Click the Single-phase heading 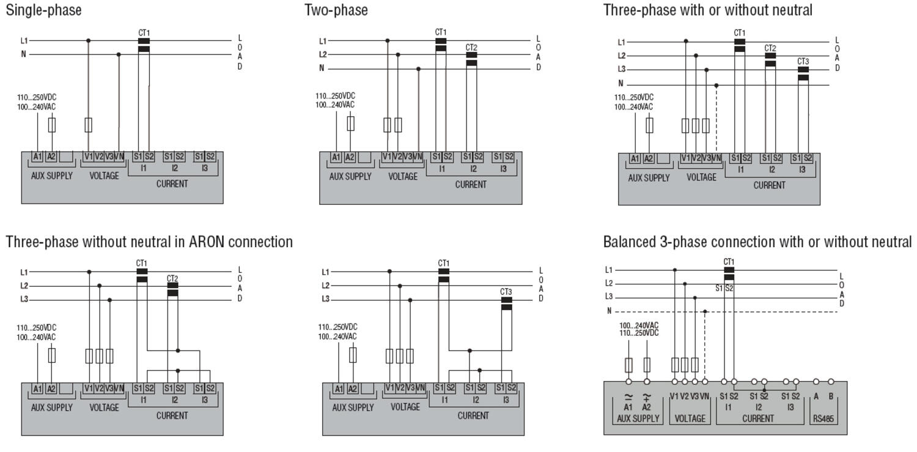(43, 10)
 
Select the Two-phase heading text (336, 10)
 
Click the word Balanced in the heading (630, 242)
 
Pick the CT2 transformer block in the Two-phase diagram (471, 59)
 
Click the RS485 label (823, 419)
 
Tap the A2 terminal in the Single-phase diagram (51, 157)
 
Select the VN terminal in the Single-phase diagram (119, 157)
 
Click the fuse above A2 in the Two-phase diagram (350, 124)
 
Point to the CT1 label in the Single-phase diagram (144, 33)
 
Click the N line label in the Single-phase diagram (24, 54)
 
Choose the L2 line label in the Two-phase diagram (323, 54)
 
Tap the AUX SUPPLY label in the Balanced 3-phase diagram (638, 419)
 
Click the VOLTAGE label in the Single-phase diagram (104, 176)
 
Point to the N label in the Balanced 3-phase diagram (609, 311)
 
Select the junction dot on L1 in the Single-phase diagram (89, 41)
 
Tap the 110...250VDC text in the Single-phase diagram (37, 97)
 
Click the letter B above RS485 (831, 396)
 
